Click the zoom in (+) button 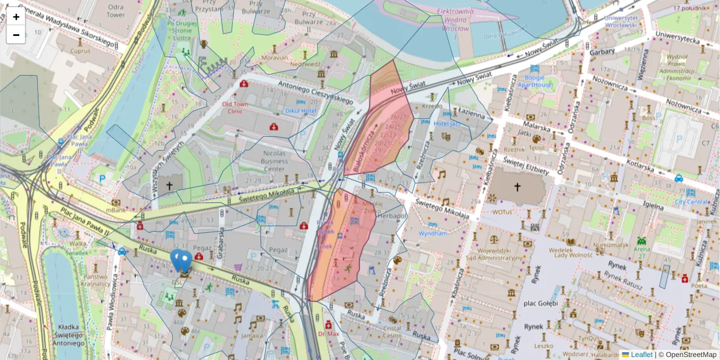[x=16, y=17]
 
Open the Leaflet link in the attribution [x=641, y=355]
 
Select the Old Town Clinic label [x=235, y=107]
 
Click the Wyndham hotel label [x=433, y=233]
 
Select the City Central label [x=691, y=202]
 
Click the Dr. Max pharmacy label [x=329, y=334]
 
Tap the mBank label [x=116, y=211]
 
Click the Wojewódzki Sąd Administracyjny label [x=500, y=254]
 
